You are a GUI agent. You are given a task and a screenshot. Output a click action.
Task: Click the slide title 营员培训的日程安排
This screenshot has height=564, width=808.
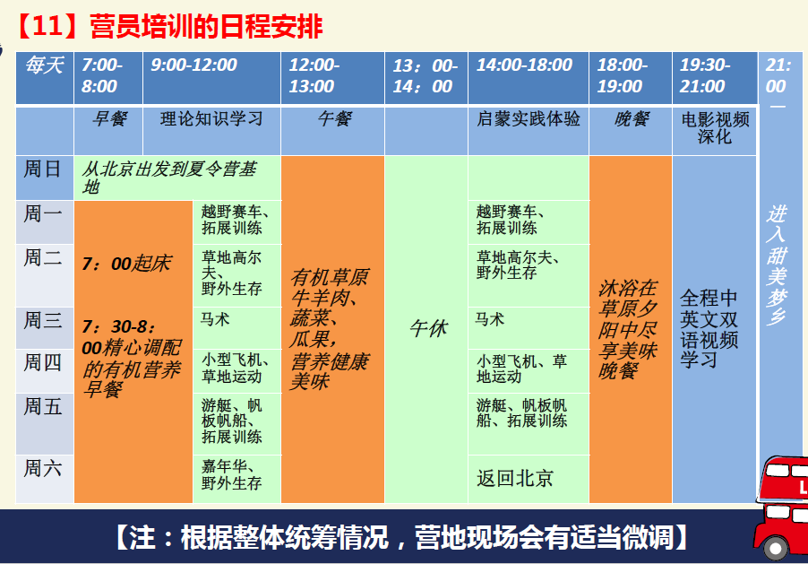pos(206,27)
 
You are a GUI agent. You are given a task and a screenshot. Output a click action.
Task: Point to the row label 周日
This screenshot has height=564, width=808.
pos(42,169)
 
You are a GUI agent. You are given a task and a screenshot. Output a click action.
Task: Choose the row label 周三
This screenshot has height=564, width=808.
pos(42,320)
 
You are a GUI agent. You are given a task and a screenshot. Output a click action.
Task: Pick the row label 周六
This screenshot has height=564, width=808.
pos(42,469)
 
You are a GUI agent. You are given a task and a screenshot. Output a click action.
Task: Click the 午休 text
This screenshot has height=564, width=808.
pos(429,328)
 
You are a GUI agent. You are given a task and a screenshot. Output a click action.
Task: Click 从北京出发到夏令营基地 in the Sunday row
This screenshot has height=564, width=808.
pos(169,177)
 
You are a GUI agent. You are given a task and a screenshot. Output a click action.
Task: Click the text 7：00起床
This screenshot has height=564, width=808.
pos(127,264)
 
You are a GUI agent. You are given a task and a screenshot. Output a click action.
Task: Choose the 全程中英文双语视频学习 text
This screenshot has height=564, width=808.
pos(709,329)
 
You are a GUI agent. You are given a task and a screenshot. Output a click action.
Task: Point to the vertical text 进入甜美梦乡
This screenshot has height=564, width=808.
pos(776,265)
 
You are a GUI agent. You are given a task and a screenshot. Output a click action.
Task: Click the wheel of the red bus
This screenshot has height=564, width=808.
pos(776,548)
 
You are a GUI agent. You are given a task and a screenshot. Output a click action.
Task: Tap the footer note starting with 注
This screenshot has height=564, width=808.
pos(402,537)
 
